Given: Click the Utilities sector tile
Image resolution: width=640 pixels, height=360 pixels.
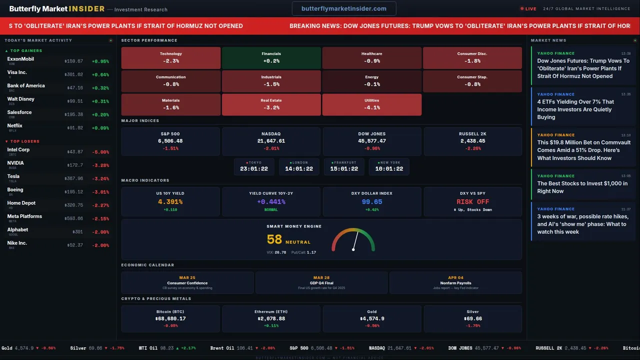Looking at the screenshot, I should [x=371, y=104].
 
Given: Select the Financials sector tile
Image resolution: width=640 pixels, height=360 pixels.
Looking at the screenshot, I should [x=271, y=57].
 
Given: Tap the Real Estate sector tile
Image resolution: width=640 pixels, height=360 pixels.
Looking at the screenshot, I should [x=271, y=104].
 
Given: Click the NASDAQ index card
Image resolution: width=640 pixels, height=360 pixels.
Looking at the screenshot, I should [x=271, y=141].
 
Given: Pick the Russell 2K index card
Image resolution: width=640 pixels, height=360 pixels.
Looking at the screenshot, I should [x=472, y=141].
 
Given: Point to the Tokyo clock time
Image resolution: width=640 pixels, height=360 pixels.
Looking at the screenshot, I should [x=254, y=169].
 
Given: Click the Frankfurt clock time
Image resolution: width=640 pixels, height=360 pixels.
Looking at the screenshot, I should [x=344, y=169].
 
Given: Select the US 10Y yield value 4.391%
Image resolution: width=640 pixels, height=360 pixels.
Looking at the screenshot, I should [x=170, y=202].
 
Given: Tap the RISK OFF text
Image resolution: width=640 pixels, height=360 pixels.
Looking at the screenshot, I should [x=472, y=202].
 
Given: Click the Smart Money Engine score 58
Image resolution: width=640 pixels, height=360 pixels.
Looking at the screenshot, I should [x=274, y=240].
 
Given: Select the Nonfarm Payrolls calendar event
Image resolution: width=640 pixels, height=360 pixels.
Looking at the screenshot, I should [x=455, y=283].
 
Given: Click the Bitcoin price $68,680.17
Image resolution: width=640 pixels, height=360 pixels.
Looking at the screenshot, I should [x=170, y=318].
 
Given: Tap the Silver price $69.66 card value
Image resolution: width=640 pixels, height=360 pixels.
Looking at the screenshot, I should [x=472, y=318].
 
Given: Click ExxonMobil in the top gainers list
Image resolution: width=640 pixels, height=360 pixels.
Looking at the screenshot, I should [x=20, y=59].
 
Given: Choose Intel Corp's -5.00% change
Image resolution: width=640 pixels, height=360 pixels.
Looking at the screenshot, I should [x=100, y=152].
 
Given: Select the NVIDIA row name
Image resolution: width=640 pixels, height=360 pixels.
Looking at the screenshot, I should [x=15, y=163].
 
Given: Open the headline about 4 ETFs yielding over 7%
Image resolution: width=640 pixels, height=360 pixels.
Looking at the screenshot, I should [x=575, y=109].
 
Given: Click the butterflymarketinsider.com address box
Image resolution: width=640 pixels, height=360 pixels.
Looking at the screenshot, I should [x=344, y=8].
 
